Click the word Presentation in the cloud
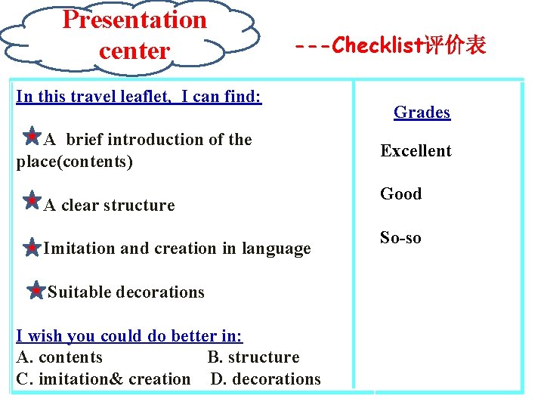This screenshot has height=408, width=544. pos(134,20)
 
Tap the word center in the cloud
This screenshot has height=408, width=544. pos(134,51)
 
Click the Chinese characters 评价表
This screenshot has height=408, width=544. pos(456,46)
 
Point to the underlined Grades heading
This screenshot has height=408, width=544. pos(422,113)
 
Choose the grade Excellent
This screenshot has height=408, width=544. pos(416,151)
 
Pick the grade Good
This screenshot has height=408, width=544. pos(400,194)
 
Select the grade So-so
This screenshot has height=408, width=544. pos(400,238)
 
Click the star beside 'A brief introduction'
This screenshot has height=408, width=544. pos(32,137)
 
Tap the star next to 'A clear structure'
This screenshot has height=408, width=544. pos(32,201)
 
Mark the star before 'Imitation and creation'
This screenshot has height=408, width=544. pos(32,246)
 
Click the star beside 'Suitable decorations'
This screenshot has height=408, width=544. pos(36,289)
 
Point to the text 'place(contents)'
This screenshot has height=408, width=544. pos(74,162)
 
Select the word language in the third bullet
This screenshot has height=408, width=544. pos(276,249)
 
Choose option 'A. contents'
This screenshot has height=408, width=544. pos(59,357)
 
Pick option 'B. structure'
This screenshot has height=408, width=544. pos(253,357)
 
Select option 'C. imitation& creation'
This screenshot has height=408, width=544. pos(103,379)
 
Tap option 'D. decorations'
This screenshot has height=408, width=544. pos(265,379)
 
